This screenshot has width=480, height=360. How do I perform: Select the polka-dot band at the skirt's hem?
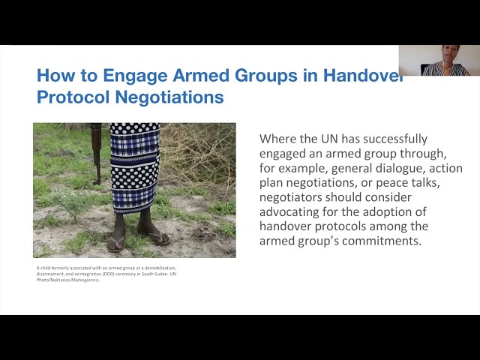pos(135,201)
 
